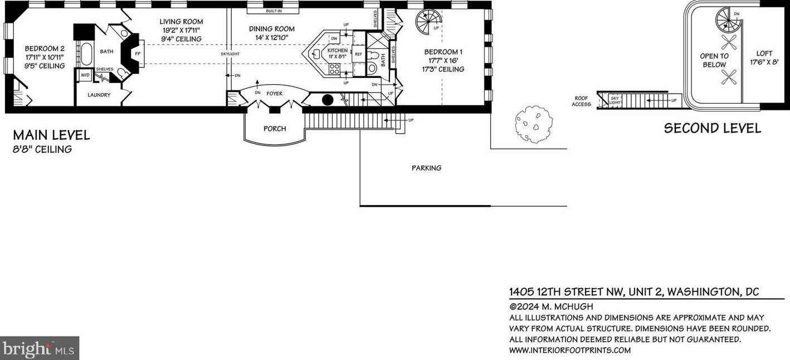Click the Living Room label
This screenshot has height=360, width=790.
181,22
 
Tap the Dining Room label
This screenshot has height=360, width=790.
271,29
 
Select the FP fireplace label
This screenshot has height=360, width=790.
138,53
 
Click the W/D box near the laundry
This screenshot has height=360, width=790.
85,75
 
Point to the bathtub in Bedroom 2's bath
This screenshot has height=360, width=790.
86,55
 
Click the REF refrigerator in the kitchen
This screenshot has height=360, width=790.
358,54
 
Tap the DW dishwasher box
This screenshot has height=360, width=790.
334,38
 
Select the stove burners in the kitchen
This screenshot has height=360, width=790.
334,69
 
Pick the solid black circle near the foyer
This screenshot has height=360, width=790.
328,100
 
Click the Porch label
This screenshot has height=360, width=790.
275,129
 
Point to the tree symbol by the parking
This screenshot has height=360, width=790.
534,125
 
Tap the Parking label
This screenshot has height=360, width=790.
426,168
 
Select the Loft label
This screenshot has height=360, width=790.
764,53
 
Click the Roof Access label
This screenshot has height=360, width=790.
581,101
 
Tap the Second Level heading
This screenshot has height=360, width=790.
713,128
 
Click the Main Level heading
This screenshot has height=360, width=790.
51,135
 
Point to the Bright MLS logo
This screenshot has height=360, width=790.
39,348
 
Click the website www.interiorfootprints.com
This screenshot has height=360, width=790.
570,351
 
